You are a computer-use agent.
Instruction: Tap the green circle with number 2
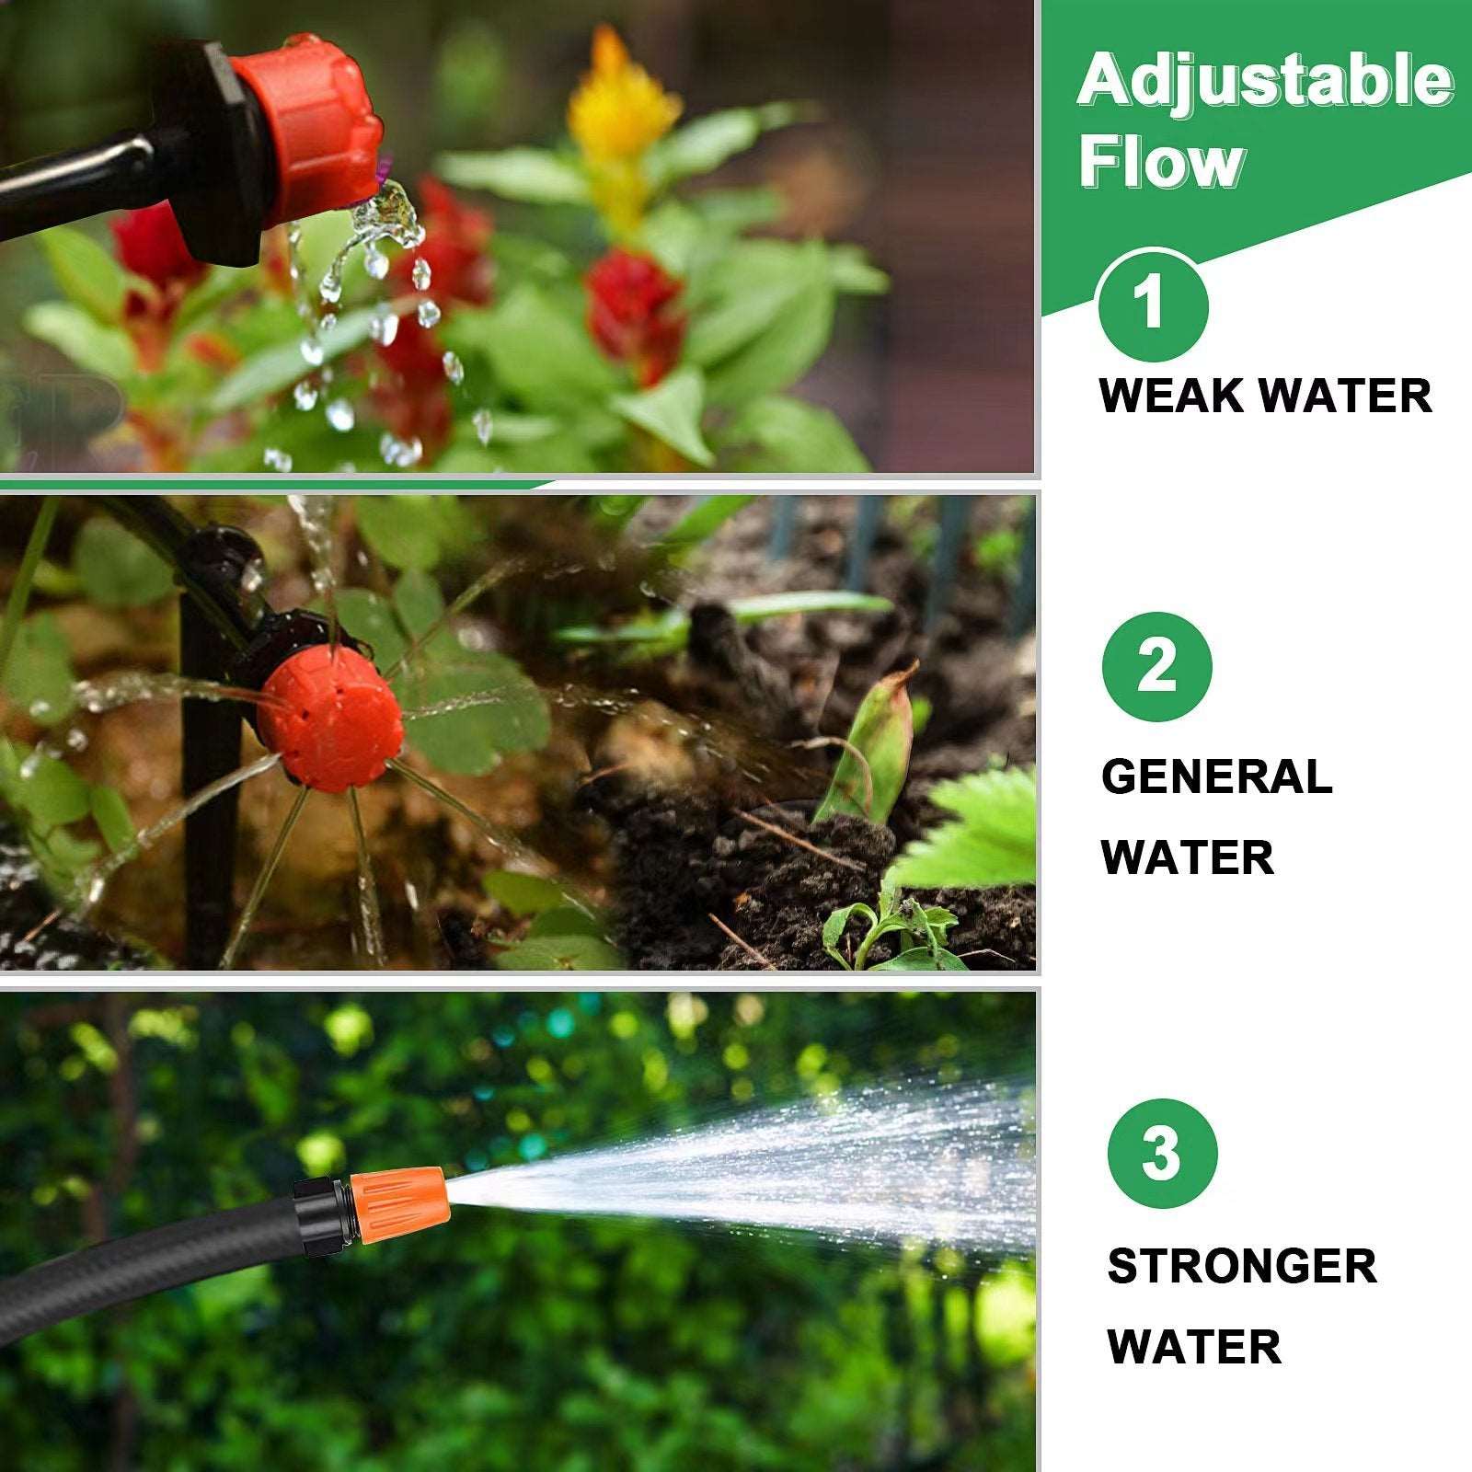tap(1156, 666)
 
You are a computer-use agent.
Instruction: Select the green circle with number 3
tap(1162, 1153)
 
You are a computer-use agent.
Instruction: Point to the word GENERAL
tap(1216, 777)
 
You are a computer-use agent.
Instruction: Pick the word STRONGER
tap(1242, 1267)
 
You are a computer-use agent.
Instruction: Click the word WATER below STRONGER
tap(1194, 1347)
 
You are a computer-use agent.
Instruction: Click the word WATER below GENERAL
tap(1187, 857)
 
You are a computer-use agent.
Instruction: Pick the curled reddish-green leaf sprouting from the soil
tap(874, 745)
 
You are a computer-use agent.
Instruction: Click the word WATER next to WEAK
tap(1345, 397)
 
